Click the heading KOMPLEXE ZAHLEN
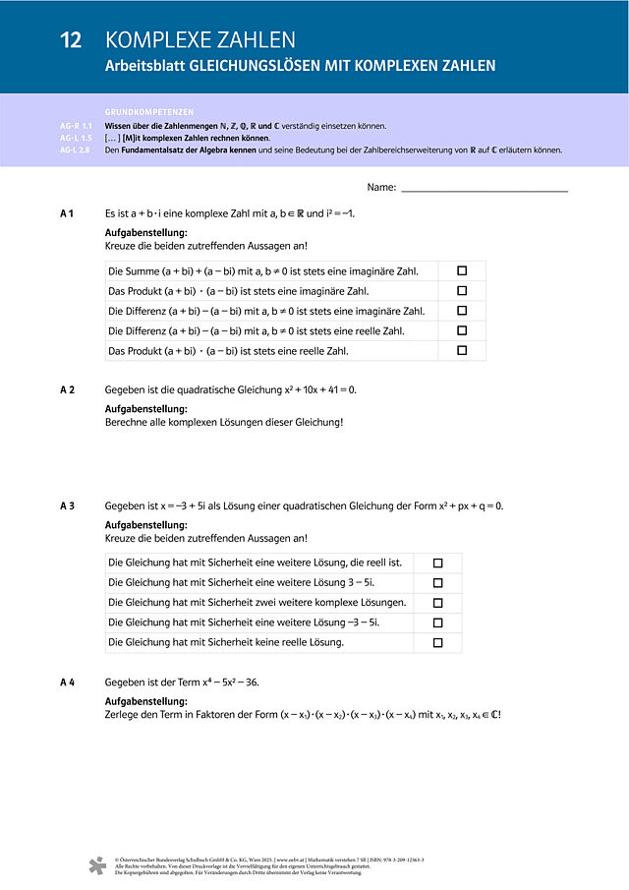[200, 40]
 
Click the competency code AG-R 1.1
[76, 126]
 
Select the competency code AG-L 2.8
[76, 150]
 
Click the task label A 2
[68, 389]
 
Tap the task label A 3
[68, 505]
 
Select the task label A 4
[68, 682]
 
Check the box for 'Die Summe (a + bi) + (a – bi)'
[462, 270]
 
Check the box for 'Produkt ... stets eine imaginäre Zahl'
[462, 291]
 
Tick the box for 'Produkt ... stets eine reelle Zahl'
[462, 350]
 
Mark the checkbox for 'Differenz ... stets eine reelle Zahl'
[462, 330]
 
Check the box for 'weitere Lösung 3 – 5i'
[438, 583]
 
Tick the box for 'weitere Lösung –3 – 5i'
[438, 623]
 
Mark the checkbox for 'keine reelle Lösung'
[438, 642]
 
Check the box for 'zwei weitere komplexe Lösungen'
[438, 603]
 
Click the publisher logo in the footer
[97, 865]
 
